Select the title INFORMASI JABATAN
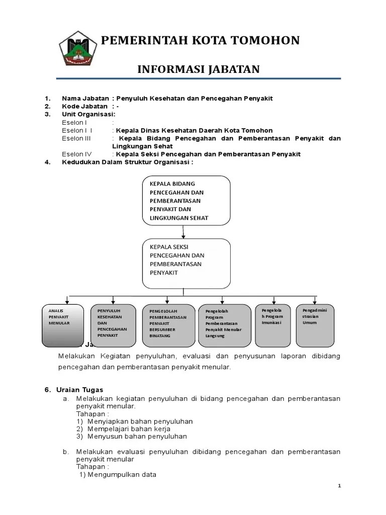click(199, 69)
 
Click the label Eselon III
click(76, 138)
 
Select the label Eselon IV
click(76, 154)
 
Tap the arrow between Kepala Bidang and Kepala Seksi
click(183, 232)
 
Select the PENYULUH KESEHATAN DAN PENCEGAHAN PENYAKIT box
click(114, 325)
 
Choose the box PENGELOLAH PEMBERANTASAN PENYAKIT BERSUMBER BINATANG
click(168, 325)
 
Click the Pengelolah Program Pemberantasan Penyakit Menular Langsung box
click(224, 325)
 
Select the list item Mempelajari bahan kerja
click(129, 429)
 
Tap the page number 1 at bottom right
click(339, 486)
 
